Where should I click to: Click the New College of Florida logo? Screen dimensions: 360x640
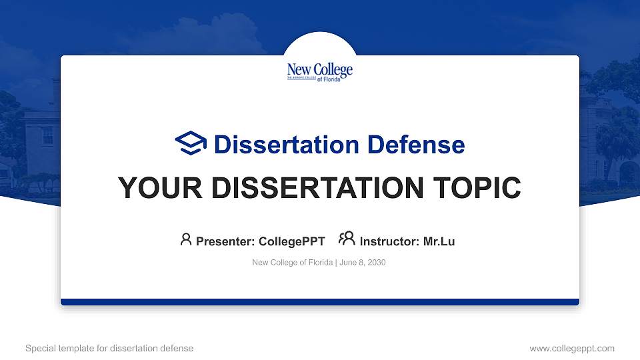(319, 71)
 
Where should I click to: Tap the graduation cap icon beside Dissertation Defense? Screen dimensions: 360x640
(191, 143)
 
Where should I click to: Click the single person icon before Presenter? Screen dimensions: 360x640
(186, 239)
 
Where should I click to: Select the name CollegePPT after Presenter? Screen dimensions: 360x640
(291, 241)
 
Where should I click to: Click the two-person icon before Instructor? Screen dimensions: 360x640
(347, 239)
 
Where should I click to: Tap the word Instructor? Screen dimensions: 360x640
(389, 241)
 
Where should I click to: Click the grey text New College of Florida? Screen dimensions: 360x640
(292, 263)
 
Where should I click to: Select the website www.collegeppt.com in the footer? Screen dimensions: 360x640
(572, 348)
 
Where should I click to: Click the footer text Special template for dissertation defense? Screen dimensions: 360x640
(109, 348)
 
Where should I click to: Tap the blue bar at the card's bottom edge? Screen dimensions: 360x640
(320, 302)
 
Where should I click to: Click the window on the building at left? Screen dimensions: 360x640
(47, 135)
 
